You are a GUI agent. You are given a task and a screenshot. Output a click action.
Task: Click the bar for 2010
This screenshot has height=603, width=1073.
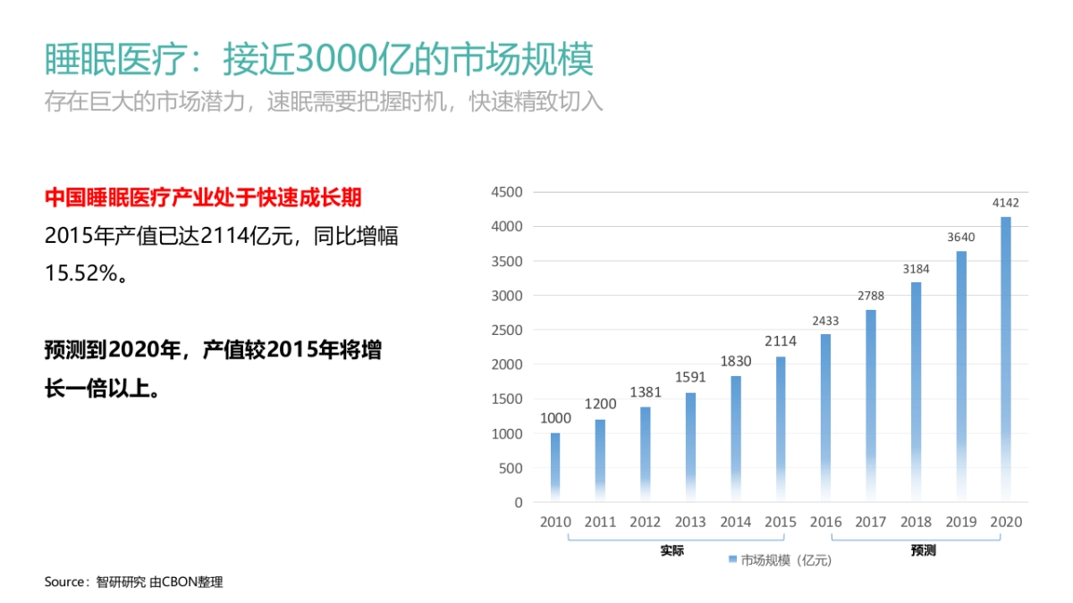555,466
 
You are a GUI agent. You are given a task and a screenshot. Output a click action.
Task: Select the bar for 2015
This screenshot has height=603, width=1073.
781,429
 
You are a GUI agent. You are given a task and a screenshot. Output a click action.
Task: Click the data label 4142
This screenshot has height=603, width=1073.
1006,203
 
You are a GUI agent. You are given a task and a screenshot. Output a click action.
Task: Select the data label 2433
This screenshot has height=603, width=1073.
825,320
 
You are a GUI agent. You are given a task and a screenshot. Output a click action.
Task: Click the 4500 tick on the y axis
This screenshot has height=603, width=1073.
506,192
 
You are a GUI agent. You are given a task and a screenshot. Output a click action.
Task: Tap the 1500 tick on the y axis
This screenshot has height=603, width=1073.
506,399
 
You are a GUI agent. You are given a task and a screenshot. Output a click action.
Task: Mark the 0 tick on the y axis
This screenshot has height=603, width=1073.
518,502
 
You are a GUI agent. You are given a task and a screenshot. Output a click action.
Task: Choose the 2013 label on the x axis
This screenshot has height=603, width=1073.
690,522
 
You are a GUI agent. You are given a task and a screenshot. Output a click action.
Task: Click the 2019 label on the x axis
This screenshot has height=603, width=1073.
961,522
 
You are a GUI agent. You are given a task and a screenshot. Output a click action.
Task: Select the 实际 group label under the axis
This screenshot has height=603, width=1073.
672,550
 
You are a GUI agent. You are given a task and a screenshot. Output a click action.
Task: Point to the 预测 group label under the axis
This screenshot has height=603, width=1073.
923,550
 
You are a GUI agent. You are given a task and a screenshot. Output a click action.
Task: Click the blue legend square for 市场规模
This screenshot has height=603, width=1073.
732,560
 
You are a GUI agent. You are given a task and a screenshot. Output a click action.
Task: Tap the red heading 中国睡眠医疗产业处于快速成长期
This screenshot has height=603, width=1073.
203,197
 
